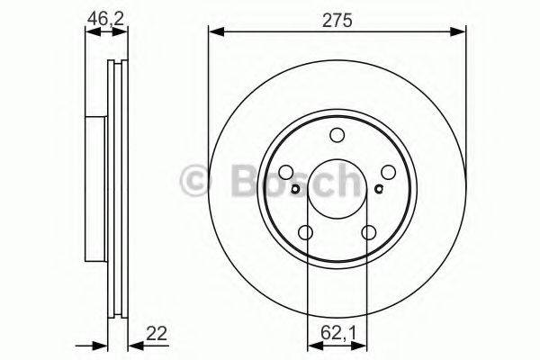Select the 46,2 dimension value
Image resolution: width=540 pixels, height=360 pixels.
[106, 15]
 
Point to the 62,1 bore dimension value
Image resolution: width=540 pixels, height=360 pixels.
[337, 334]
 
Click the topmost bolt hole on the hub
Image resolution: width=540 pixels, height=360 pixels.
[337, 136]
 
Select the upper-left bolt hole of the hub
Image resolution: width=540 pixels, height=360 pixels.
[286, 173]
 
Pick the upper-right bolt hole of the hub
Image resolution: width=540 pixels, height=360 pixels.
[389, 173]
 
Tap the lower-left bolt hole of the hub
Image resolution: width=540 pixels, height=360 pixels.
[306, 234]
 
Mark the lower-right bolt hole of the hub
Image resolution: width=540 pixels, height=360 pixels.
[369, 234]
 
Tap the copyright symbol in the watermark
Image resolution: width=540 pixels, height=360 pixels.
[194, 181]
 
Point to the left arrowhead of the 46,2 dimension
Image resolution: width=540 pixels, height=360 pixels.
[90, 33]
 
